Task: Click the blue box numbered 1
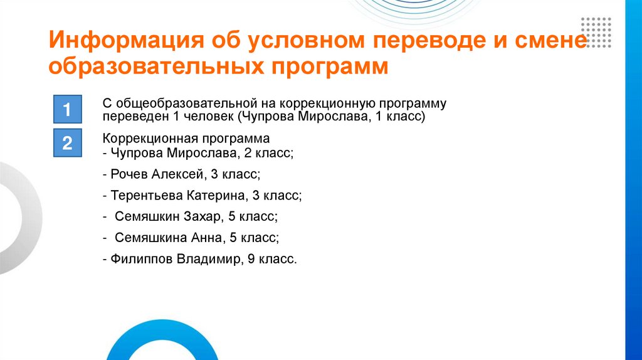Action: (x=66, y=111)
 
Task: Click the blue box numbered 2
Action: (x=66, y=144)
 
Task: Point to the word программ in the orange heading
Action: (x=330, y=66)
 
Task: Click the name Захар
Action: (x=204, y=217)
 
